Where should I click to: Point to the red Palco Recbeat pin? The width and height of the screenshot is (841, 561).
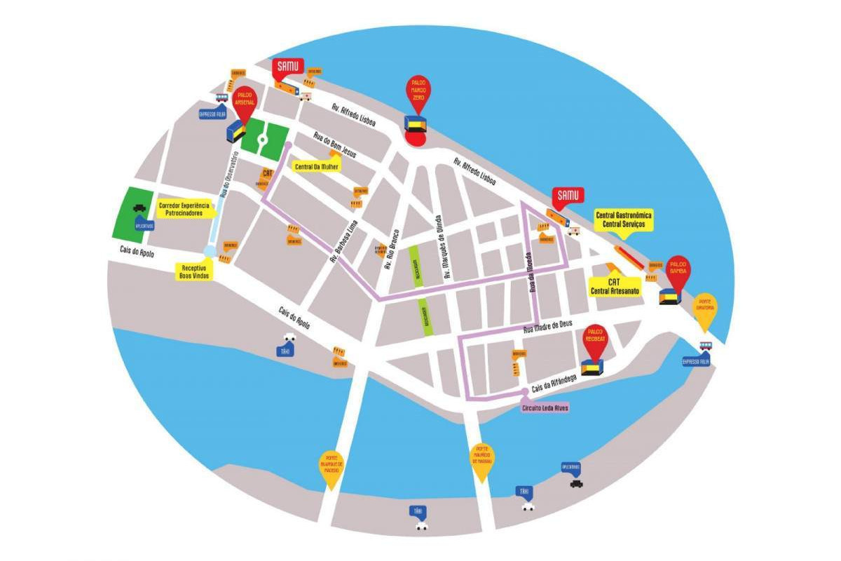pos(596,339)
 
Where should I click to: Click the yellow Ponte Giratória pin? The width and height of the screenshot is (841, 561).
pos(705,309)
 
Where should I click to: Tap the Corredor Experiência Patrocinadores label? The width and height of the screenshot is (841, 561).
pos(184,208)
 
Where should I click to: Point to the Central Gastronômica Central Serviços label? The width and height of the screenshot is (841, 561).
pos(624,220)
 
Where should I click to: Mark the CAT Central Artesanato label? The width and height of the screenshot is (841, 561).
pos(615,286)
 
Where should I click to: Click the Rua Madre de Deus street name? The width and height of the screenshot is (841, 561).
pos(548,325)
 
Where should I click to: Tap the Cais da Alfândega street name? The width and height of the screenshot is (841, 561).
pos(554,381)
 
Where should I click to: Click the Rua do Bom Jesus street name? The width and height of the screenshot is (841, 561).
pos(335,144)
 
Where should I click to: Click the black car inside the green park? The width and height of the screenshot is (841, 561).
pos(140,208)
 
